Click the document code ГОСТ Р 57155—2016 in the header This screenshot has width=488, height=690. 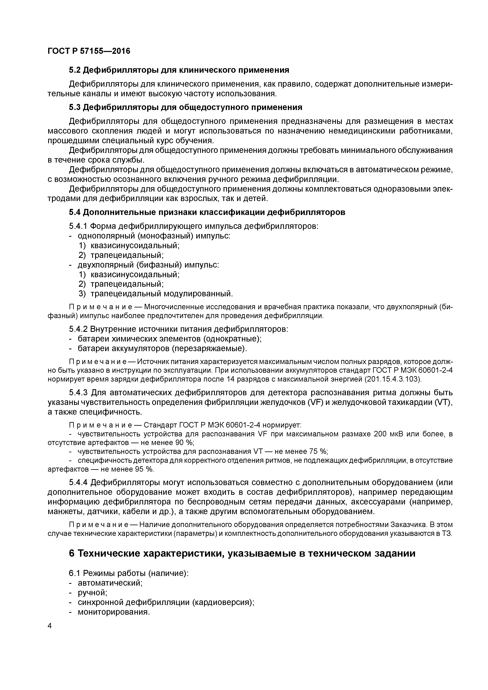89,51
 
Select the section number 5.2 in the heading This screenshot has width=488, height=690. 75,70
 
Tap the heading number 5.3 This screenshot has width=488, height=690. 75,107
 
